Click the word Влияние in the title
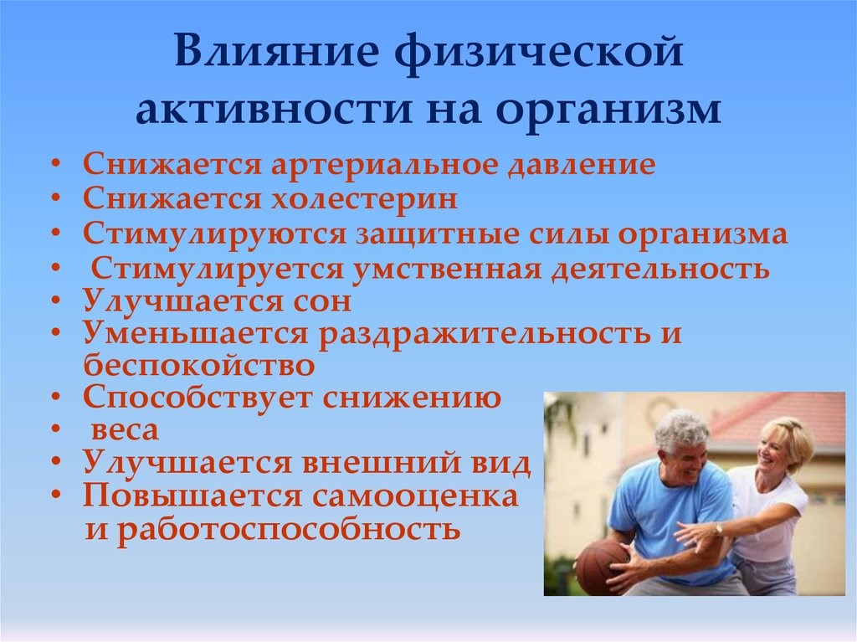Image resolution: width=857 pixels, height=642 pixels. (276, 51)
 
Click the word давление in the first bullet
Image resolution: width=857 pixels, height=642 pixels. (581, 165)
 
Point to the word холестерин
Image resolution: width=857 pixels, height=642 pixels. (365, 198)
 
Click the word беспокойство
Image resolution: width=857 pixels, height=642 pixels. (199, 365)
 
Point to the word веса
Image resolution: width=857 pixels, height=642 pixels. (125, 430)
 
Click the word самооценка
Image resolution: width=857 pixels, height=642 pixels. (415, 496)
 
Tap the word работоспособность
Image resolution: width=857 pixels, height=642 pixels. (289, 530)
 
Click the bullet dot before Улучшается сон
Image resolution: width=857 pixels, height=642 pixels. (56, 301)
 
